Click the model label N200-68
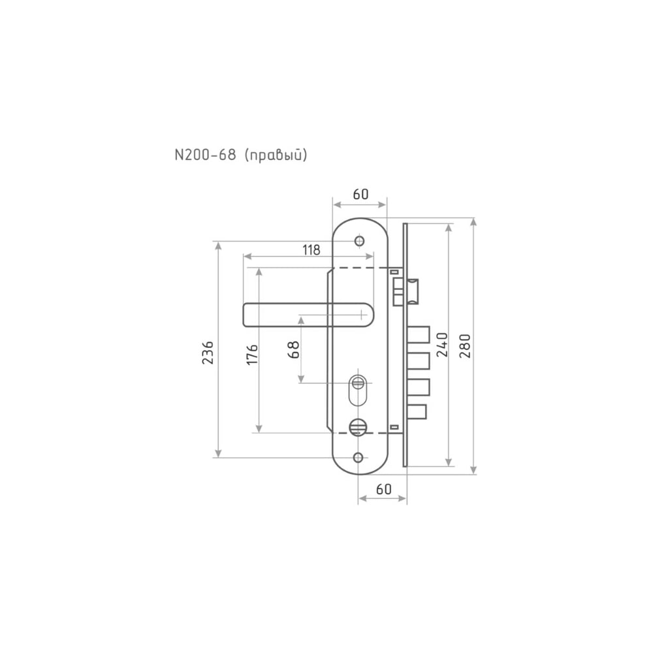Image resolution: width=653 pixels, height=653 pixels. (x=205, y=155)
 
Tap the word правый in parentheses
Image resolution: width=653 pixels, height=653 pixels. (x=276, y=155)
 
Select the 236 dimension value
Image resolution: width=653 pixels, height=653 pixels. (x=208, y=353)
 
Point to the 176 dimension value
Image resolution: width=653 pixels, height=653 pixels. (x=252, y=355)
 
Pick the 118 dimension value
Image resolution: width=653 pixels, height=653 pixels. (x=311, y=250)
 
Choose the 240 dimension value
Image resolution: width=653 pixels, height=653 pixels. (x=442, y=345)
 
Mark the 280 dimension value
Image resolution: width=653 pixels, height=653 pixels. (x=465, y=346)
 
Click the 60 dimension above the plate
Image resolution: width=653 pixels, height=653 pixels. (x=360, y=194)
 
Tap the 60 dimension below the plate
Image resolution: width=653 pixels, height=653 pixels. (x=384, y=488)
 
